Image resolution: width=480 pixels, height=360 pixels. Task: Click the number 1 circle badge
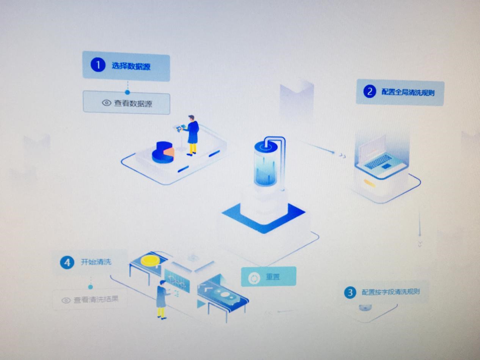point(97,65)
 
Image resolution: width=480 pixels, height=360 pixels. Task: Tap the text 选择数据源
point(131,66)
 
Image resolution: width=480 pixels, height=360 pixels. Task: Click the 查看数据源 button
point(126,103)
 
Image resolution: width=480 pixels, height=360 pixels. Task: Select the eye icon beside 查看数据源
point(107,103)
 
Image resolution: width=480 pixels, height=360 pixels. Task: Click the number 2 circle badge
point(369,91)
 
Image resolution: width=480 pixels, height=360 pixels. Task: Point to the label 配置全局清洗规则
point(408,92)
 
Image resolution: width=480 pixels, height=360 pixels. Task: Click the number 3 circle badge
point(350,292)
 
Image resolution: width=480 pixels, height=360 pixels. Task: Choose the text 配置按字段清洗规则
point(391,292)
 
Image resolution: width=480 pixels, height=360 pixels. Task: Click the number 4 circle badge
point(67,263)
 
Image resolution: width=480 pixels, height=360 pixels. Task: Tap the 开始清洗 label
point(96,262)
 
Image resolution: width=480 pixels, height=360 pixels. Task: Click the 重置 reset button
point(268,277)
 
